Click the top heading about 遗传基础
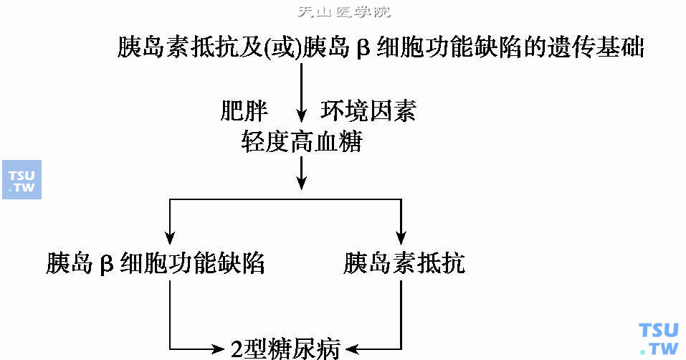[x=380, y=49]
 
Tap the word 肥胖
[x=244, y=111]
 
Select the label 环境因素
[x=368, y=111]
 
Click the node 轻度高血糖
[x=302, y=143]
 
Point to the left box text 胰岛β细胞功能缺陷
[x=156, y=263]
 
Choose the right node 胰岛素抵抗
[x=404, y=263]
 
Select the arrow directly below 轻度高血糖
[x=302, y=172]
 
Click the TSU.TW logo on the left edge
[x=22, y=179]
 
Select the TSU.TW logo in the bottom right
[x=658, y=338]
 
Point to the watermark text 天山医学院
[x=345, y=12]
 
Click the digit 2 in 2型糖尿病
[x=238, y=349]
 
